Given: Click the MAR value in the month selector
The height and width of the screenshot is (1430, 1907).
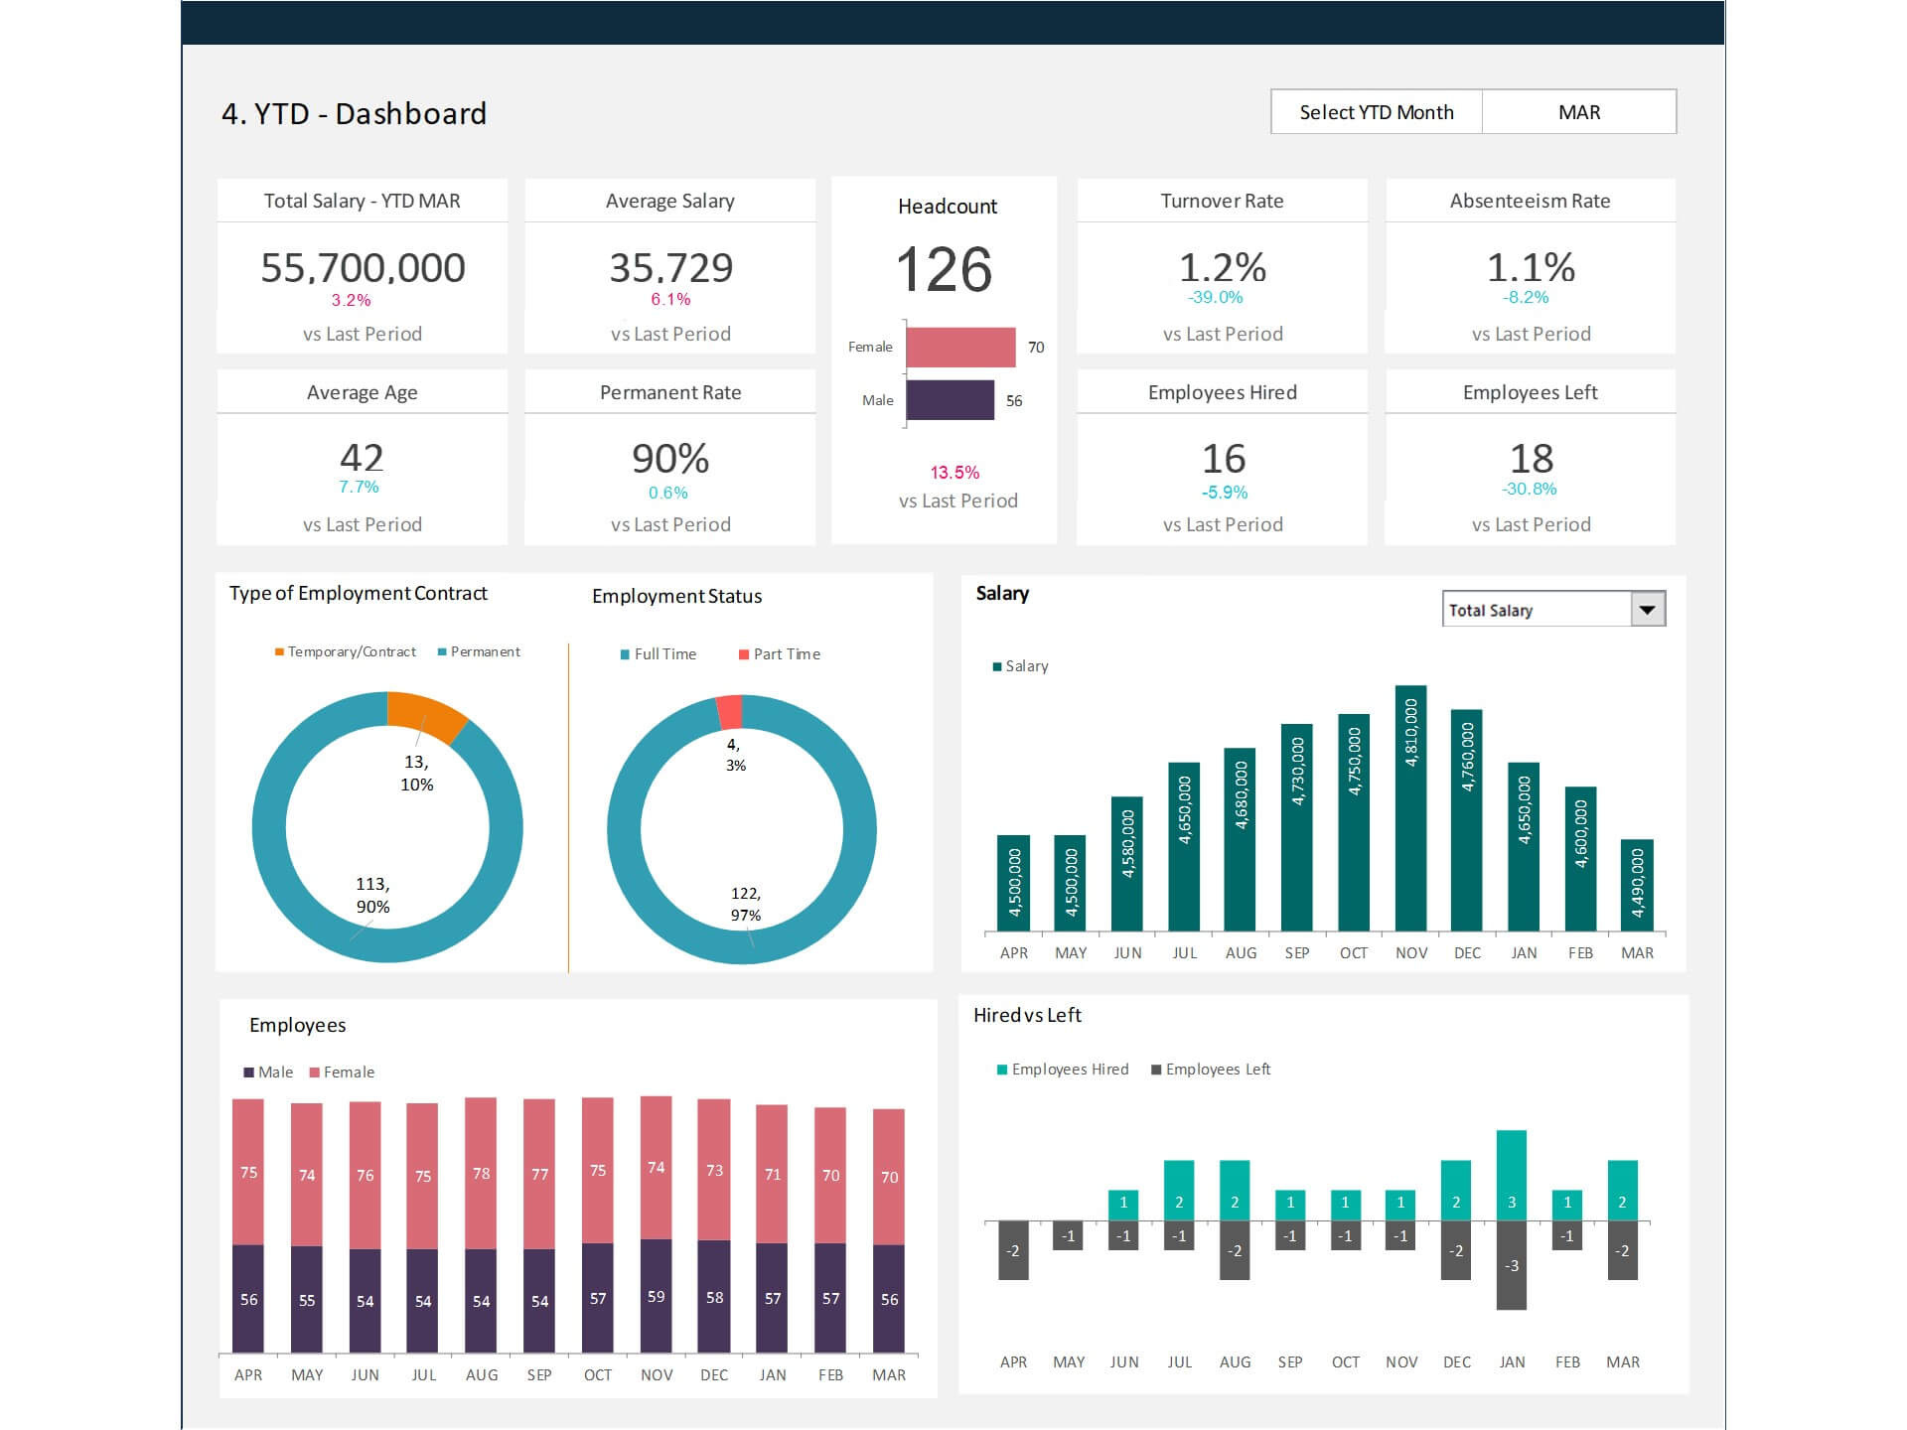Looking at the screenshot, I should [x=1578, y=112].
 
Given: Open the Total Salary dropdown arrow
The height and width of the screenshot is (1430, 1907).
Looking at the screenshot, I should [x=1647, y=610].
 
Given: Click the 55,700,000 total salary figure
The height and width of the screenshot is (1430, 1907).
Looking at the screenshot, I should [x=363, y=267].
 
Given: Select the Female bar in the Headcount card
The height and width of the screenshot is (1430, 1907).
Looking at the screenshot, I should [x=960, y=347].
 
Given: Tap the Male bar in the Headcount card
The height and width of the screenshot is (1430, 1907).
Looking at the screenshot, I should [x=950, y=400].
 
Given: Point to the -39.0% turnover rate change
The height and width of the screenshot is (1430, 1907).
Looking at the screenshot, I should [x=1215, y=297].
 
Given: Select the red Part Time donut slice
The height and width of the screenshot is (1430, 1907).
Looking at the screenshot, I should [x=729, y=711].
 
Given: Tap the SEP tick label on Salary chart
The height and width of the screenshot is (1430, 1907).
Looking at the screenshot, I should [x=1297, y=952].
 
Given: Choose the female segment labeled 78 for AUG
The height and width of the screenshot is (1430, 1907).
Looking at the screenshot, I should [x=481, y=1173].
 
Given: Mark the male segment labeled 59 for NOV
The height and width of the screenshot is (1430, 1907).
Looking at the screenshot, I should [x=656, y=1296].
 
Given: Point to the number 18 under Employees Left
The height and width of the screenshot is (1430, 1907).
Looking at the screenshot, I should [x=1531, y=459].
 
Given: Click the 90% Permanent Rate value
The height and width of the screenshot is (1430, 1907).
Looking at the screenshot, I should [x=670, y=459].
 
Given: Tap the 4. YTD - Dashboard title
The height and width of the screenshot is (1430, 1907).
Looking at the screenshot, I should [x=354, y=113].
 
